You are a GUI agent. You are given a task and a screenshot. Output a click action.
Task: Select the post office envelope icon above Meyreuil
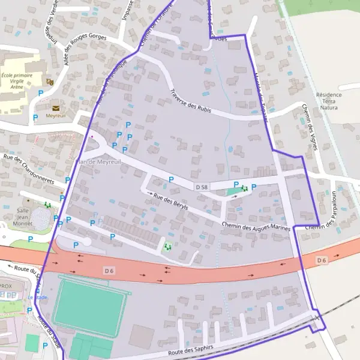(x=56, y=107)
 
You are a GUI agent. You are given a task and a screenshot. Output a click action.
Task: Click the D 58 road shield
(x=202, y=187)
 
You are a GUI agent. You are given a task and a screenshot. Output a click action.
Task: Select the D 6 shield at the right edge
(x=322, y=260)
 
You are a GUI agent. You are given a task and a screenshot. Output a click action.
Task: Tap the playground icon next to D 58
(x=244, y=188)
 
